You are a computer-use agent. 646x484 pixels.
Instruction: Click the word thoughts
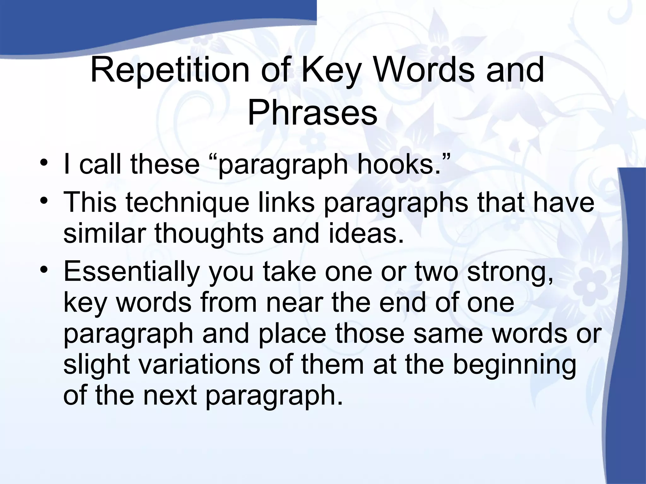[x=209, y=234]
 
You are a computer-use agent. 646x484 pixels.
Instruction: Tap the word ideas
[x=366, y=234]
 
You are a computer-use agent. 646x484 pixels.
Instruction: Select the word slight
[x=97, y=364]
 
